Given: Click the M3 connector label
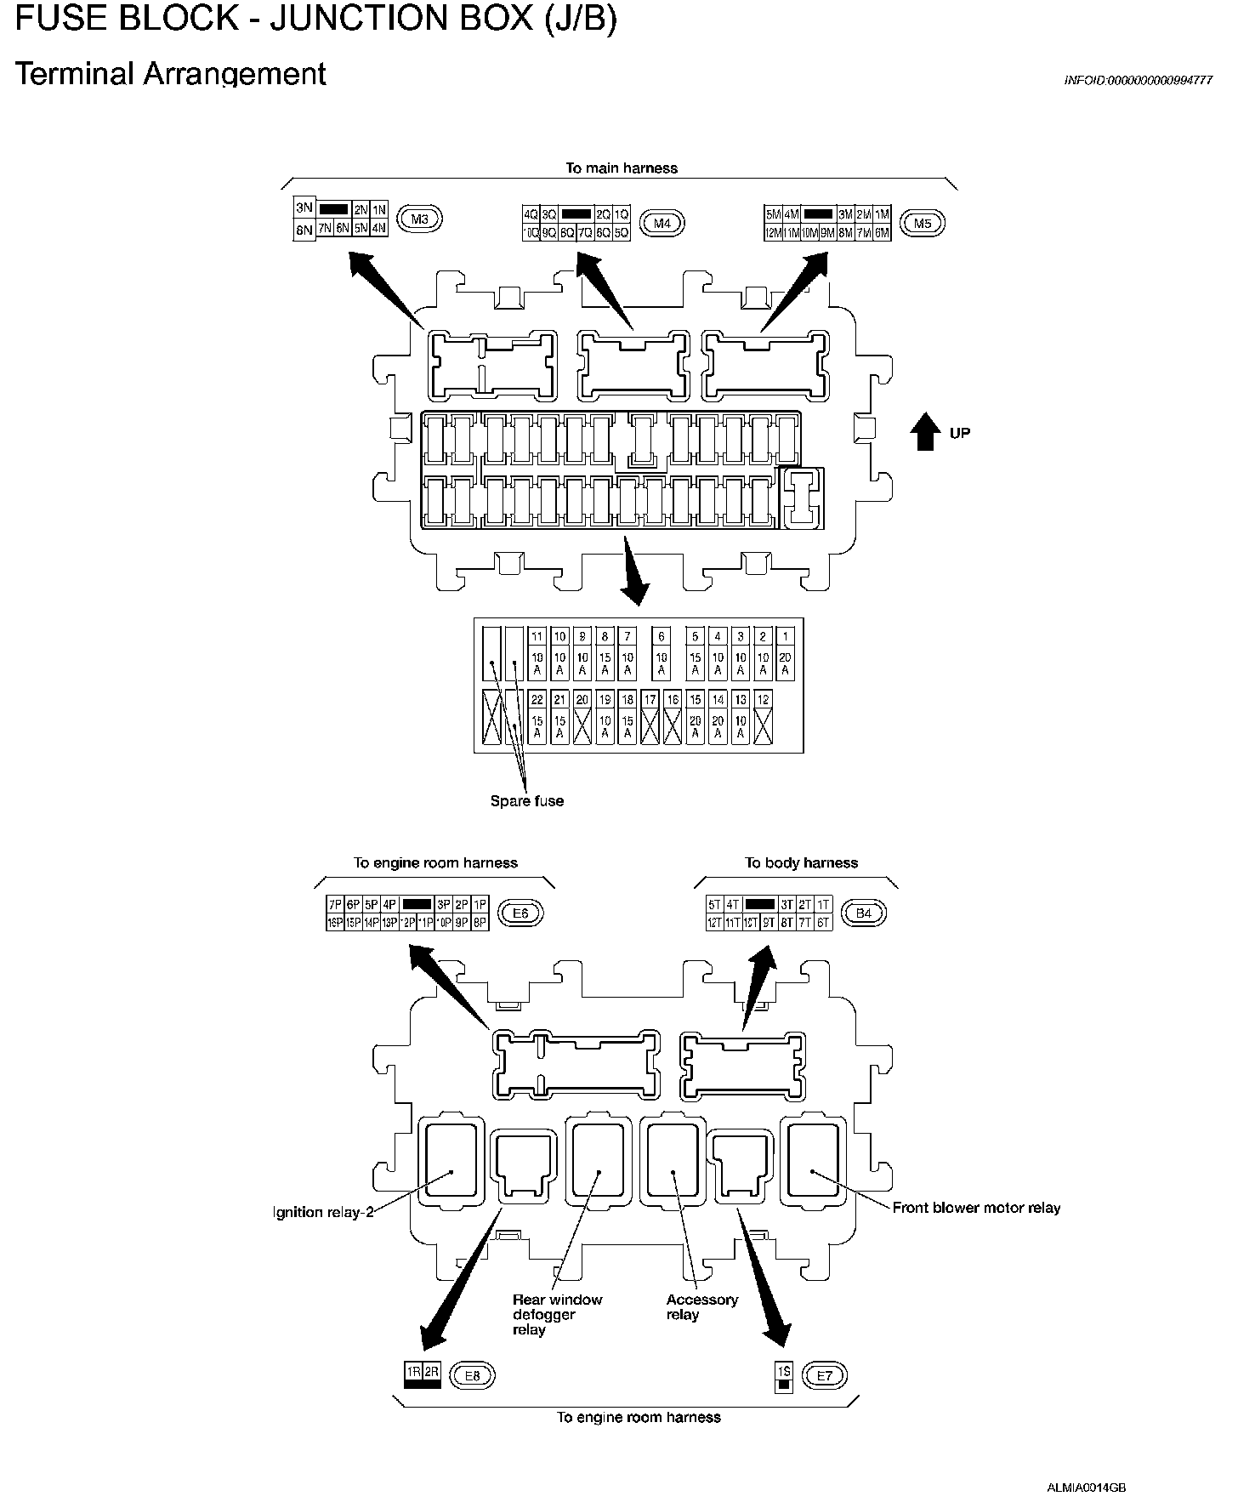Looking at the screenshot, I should click(x=420, y=219).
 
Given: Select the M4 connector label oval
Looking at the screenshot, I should click(x=662, y=224).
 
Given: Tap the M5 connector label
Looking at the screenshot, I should click(x=923, y=223).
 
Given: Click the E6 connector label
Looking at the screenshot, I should click(x=520, y=913).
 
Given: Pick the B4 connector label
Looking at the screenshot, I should click(x=864, y=913).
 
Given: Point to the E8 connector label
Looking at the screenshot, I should click(x=473, y=1375).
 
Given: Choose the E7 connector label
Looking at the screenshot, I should click(x=824, y=1375).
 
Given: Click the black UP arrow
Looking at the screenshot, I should click(x=924, y=433).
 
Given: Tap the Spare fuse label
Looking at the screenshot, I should click(x=527, y=801).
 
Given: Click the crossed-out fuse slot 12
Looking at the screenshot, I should click(x=764, y=718).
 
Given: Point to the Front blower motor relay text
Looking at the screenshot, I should click(x=976, y=1208).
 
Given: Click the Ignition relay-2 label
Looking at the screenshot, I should click(x=324, y=1212).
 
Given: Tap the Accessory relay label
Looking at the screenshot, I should click(x=701, y=1306).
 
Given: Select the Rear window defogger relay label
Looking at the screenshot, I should click(x=557, y=1314).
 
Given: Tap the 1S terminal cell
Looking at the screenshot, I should click(x=784, y=1371).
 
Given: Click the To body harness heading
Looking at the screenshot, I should click(x=801, y=862).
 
